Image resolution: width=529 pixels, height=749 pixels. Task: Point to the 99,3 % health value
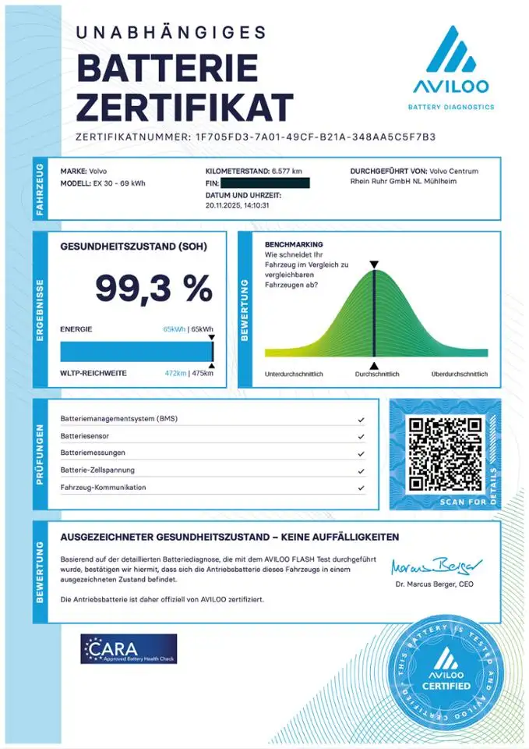click(153, 289)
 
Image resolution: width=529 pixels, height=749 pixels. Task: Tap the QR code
click(445, 453)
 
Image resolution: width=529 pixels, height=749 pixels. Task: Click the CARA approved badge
click(129, 648)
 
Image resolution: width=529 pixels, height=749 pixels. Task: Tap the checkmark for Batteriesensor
click(361, 436)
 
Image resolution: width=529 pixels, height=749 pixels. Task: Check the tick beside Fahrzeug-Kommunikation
click(361, 488)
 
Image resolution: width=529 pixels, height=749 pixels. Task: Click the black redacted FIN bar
click(265, 183)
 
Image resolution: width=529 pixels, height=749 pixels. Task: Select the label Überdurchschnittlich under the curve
click(460, 374)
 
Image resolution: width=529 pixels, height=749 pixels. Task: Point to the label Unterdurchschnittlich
click(294, 374)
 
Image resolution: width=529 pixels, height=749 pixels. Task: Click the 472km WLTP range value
click(175, 374)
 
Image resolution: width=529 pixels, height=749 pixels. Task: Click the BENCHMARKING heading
click(294, 244)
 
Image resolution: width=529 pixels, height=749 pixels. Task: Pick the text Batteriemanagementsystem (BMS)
click(119, 419)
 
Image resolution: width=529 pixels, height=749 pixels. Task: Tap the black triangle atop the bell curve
click(374, 265)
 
